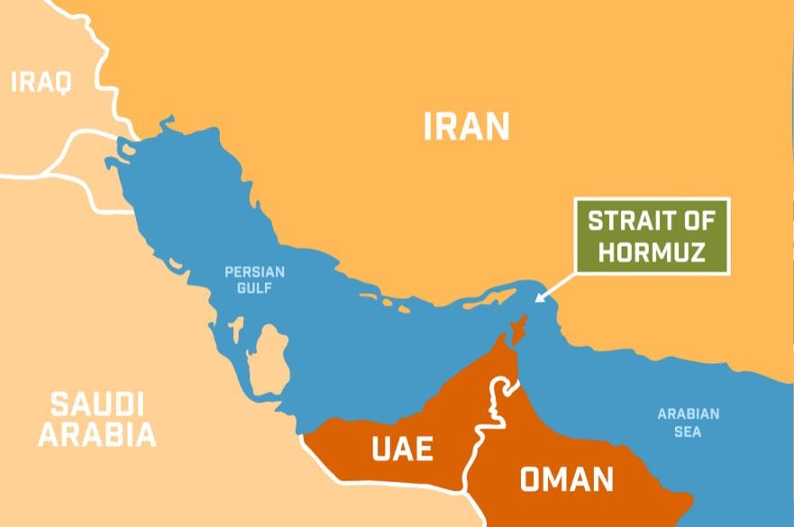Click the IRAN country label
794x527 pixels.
click(x=466, y=126)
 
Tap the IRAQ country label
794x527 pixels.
click(x=41, y=83)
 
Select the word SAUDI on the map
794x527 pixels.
click(x=96, y=404)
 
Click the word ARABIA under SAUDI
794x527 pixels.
click(x=96, y=435)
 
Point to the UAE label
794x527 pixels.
click(x=403, y=448)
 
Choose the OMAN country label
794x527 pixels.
click(x=566, y=478)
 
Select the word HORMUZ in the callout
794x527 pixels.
click(x=653, y=252)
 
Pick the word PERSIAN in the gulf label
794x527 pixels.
click(x=254, y=271)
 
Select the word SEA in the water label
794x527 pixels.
click(x=688, y=432)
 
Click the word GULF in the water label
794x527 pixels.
click(x=254, y=288)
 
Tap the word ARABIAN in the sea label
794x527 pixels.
click(x=688, y=414)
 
